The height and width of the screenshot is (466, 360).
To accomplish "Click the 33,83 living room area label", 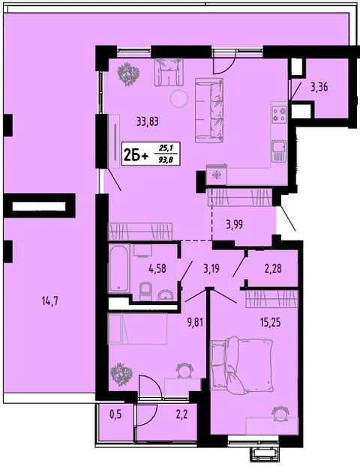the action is (147, 121).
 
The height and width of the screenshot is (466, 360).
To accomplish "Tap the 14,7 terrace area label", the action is (50, 302).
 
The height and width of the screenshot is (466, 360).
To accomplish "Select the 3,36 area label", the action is (319, 88).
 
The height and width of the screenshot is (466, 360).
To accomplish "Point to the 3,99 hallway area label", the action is (234, 224).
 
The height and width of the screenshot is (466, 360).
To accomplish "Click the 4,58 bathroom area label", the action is (157, 269).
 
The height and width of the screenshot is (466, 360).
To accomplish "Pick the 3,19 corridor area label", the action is (211, 269).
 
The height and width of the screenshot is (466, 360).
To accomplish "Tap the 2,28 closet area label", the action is (273, 269).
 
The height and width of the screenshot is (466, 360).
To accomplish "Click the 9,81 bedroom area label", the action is (195, 322).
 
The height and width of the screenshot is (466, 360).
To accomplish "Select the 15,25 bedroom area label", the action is (270, 322).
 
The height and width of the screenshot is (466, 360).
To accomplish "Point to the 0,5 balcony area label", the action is (115, 414).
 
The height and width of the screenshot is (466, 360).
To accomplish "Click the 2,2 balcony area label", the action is (181, 414).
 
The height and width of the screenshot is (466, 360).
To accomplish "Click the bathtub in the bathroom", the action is (119, 269).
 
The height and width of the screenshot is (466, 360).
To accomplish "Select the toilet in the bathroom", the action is (145, 291).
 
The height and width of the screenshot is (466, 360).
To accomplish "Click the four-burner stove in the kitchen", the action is (280, 115).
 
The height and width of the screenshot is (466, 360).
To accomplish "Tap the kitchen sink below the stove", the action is (279, 151).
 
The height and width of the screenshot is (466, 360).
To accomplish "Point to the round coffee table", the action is (179, 98).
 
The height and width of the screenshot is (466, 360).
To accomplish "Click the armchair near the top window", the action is (169, 72).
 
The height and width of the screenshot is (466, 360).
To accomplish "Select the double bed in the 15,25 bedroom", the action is (241, 364).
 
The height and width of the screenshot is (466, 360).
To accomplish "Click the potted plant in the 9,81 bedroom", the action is (121, 375).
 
